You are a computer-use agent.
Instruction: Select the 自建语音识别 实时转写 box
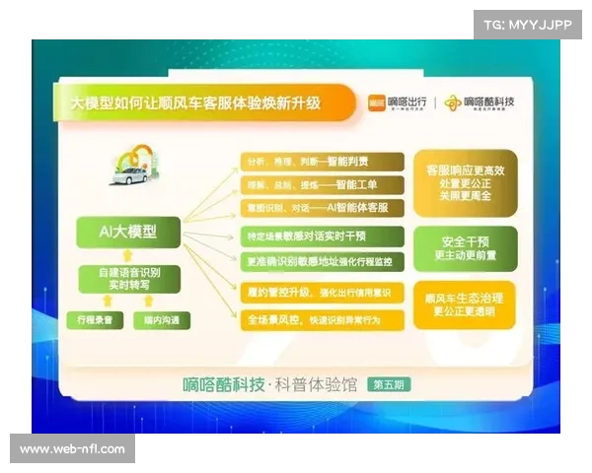tap(128, 277)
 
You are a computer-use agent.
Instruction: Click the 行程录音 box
tap(95, 320)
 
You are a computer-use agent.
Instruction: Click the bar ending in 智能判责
tap(322, 161)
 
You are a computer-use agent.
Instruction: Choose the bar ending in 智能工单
tap(322, 184)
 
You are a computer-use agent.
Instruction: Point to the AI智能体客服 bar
tap(322, 208)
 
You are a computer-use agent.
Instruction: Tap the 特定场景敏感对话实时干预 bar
tap(322, 236)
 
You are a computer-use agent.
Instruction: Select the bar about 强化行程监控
tap(322, 261)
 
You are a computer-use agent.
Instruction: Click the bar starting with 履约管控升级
tap(322, 293)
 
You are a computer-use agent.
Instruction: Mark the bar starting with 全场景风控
tap(322, 319)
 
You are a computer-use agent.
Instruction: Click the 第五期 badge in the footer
tap(393, 385)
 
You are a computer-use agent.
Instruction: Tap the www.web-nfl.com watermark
tap(73, 449)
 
